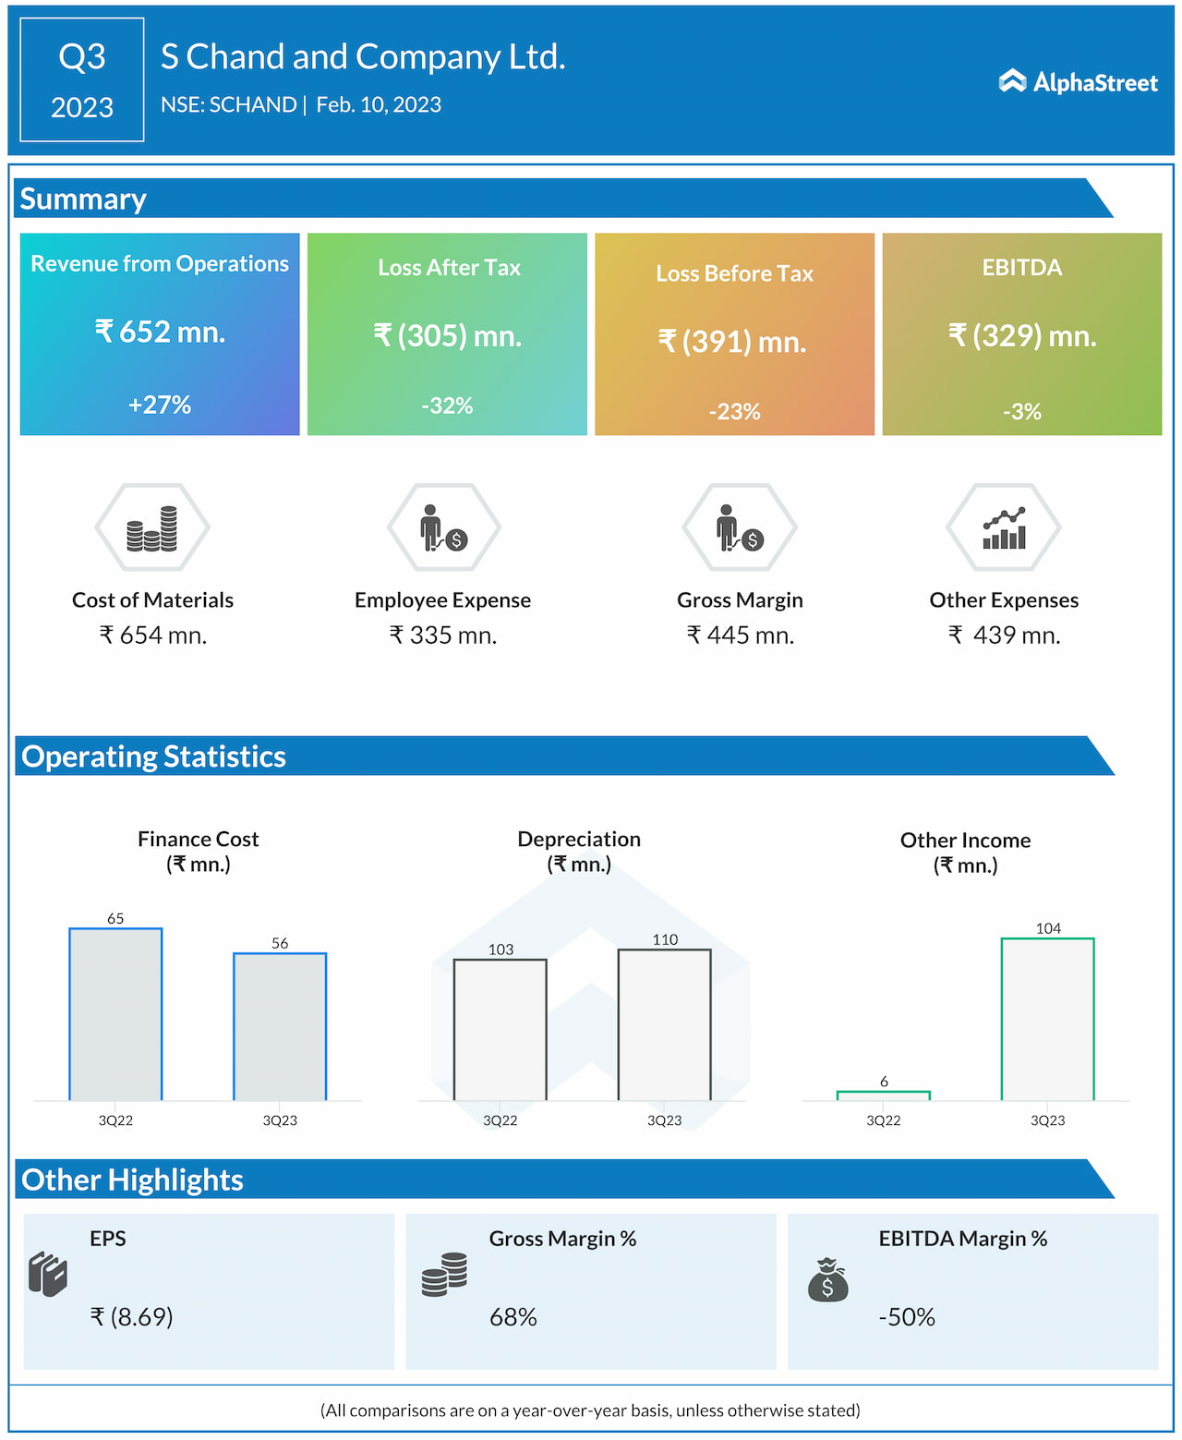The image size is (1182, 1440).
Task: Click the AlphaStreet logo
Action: [x=1078, y=82]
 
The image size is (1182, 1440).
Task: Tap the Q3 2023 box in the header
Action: [x=82, y=80]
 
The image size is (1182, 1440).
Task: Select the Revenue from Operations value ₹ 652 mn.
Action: [x=161, y=332]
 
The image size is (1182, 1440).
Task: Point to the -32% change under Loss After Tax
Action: [x=447, y=405]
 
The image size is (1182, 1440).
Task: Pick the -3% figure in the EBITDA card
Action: [x=1022, y=411]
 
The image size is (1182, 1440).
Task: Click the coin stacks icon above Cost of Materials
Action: [x=152, y=528]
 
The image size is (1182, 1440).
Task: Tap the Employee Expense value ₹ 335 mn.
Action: [x=443, y=635]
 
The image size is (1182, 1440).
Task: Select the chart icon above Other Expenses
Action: [x=1004, y=528]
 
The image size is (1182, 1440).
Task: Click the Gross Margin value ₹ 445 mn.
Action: [x=741, y=635]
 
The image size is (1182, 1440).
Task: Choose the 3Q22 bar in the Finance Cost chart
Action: [x=115, y=1014]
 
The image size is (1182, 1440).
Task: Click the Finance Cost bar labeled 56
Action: [x=280, y=1026]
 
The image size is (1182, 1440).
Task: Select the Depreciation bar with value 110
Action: [x=665, y=1024]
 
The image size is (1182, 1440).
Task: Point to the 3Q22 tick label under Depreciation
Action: [x=501, y=1120]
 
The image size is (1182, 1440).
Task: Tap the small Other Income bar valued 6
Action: [x=884, y=1095]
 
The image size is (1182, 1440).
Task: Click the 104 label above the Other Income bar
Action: [x=1048, y=928]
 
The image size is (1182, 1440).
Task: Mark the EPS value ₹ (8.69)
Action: [x=132, y=1316]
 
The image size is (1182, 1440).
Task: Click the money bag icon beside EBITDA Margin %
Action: [x=827, y=1279]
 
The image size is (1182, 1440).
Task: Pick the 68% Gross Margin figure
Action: [x=513, y=1316]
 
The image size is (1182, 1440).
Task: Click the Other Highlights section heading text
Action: [x=132, y=1180]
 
